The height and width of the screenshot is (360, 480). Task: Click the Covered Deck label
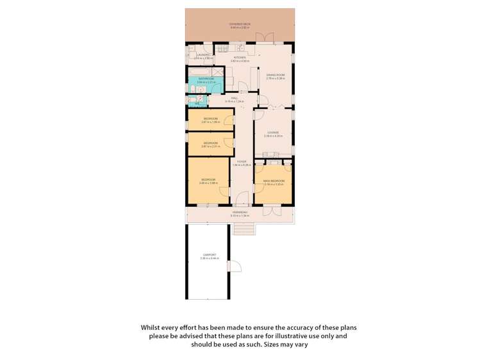pos(240,24)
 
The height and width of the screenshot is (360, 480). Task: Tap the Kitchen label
pos(240,58)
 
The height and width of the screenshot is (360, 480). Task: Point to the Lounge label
pos(273,133)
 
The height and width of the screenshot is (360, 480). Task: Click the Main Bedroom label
pos(273,181)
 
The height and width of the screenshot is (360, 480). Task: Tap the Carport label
pos(208,255)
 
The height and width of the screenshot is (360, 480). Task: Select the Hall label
pos(235,98)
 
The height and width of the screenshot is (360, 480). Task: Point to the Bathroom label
pos(205,79)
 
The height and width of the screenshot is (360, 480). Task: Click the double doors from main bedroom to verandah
pos(272,209)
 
